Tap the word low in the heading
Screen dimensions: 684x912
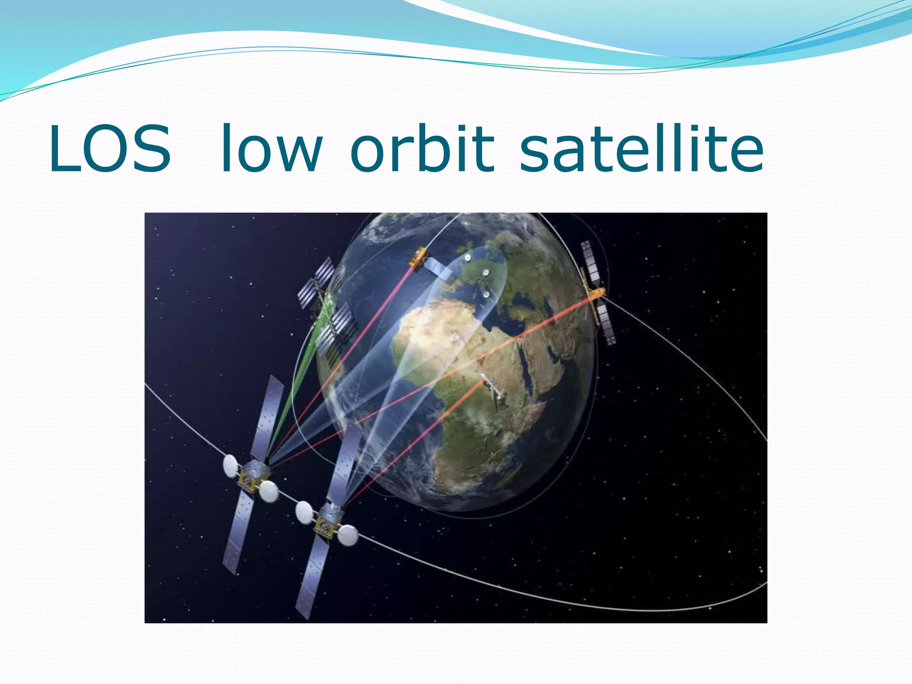272,149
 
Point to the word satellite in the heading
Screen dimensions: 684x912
641,149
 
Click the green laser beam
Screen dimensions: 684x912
294,392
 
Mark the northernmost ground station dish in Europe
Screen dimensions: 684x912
468,257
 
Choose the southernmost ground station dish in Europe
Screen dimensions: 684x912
486,294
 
